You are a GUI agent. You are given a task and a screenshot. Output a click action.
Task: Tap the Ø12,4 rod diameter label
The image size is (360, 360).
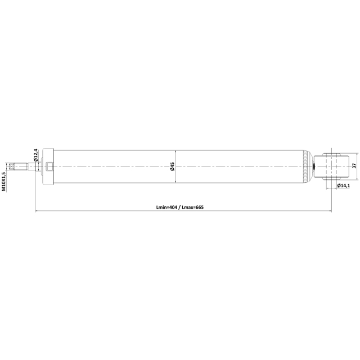35,155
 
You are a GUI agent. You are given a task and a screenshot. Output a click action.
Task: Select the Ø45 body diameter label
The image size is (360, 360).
172,166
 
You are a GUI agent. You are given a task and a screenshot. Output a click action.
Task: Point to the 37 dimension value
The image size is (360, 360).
354,165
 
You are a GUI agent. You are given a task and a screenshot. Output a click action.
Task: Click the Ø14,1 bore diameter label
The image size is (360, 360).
344,186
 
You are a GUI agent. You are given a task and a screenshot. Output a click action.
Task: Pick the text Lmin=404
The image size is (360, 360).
166,208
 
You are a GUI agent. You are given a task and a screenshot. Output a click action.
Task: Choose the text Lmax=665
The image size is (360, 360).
192,208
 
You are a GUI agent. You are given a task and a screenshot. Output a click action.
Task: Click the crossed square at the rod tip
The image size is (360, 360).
11,166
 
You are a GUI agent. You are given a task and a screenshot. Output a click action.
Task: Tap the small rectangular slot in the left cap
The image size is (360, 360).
49,166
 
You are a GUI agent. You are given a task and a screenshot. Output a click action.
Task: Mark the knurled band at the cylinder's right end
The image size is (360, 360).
305,166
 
